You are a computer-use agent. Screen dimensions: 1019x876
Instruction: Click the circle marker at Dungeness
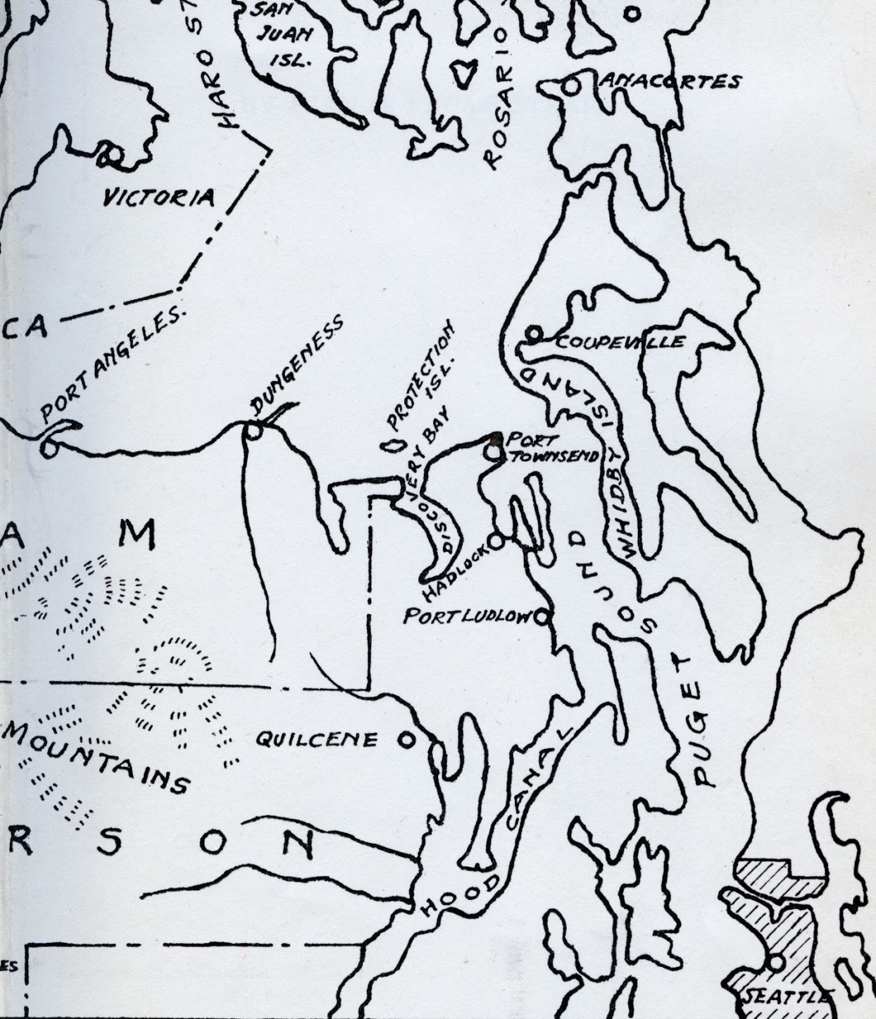click(253, 432)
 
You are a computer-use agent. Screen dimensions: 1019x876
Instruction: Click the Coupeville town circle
click(533, 332)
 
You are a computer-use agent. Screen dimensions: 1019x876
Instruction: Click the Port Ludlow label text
click(468, 616)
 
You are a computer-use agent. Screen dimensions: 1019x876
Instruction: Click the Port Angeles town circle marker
click(47, 448)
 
